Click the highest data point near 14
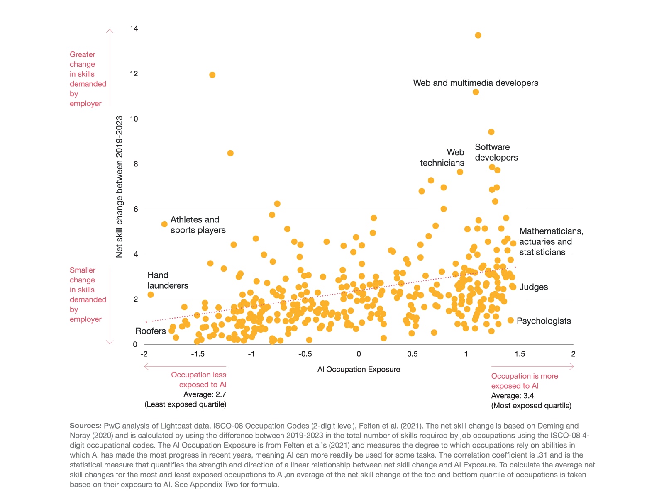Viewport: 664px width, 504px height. click(x=478, y=35)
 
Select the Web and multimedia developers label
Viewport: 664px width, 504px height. click(x=476, y=83)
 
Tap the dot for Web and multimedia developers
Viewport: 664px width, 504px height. click(x=476, y=92)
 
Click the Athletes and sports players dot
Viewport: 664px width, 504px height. click(x=164, y=224)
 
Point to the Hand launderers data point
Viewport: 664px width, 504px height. click(x=151, y=295)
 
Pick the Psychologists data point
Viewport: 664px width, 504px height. click(x=510, y=320)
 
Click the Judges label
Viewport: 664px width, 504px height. click(x=533, y=287)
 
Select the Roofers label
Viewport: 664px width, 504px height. click(x=150, y=331)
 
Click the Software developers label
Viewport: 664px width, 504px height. click(x=496, y=152)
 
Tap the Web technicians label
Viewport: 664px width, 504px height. click(x=442, y=158)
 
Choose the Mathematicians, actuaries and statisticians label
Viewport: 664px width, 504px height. click(x=551, y=241)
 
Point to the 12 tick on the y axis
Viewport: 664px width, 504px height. click(x=134, y=74)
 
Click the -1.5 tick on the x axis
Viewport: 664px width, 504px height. click(x=198, y=354)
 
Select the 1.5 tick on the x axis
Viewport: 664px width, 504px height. click(x=520, y=354)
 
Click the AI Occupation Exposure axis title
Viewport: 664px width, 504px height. click(x=359, y=369)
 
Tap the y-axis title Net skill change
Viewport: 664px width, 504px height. click(x=119, y=187)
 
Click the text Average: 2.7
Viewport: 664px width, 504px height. click(x=205, y=394)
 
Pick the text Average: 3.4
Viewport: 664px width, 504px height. click(x=513, y=396)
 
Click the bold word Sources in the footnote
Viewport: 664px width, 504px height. click(x=85, y=426)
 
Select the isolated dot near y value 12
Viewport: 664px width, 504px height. click(x=212, y=75)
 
